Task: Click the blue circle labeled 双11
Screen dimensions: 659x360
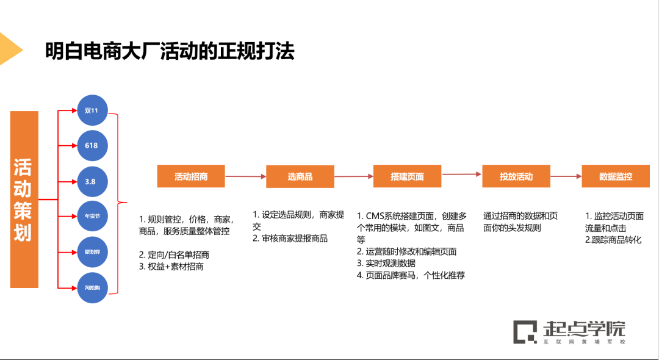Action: pyautogui.click(x=92, y=110)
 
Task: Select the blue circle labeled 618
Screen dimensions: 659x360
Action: pyautogui.click(x=92, y=145)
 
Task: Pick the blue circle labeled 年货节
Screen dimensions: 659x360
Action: pyautogui.click(x=92, y=216)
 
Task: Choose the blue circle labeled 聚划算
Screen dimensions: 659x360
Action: pyautogui.click(x=92, y=251)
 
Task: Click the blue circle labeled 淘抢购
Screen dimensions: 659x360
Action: pyautogui.click(x=92, y=287)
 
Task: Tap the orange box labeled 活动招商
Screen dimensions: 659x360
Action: pyautogui.click(x=191, y=176)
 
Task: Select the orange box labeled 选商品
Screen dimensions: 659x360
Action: pyautogui.click(x=300, y=176)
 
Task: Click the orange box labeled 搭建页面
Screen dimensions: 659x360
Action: pyautogui.click(x=407, y=176)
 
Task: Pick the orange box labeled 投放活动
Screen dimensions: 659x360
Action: pyautogui.click(x=516, y=176)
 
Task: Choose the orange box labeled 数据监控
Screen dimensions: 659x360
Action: pyautogui.click(x=616, y=176)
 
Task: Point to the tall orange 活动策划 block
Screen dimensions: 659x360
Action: pyautogui.click(x=24, y=200)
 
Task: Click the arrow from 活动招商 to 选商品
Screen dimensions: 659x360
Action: pyautogui.click(x=245, y=176)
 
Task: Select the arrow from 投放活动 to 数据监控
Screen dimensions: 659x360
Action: pyautogui.click(x=566, y=176)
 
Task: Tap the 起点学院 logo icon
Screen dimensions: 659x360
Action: pyautogui.click(x=524, y=331)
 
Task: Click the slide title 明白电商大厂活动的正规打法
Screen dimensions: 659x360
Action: pyautogui.click(x=170, y=51)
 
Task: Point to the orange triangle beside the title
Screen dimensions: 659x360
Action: pyautogui.click(x=9, y=49)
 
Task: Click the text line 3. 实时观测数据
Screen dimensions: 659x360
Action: pyautogui.click(x=386, y=264)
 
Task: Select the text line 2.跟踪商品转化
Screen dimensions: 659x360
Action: pyautogui.click(x=613, y=240)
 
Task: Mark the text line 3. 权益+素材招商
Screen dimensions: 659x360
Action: pyautogui.click(x=171, y=267)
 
